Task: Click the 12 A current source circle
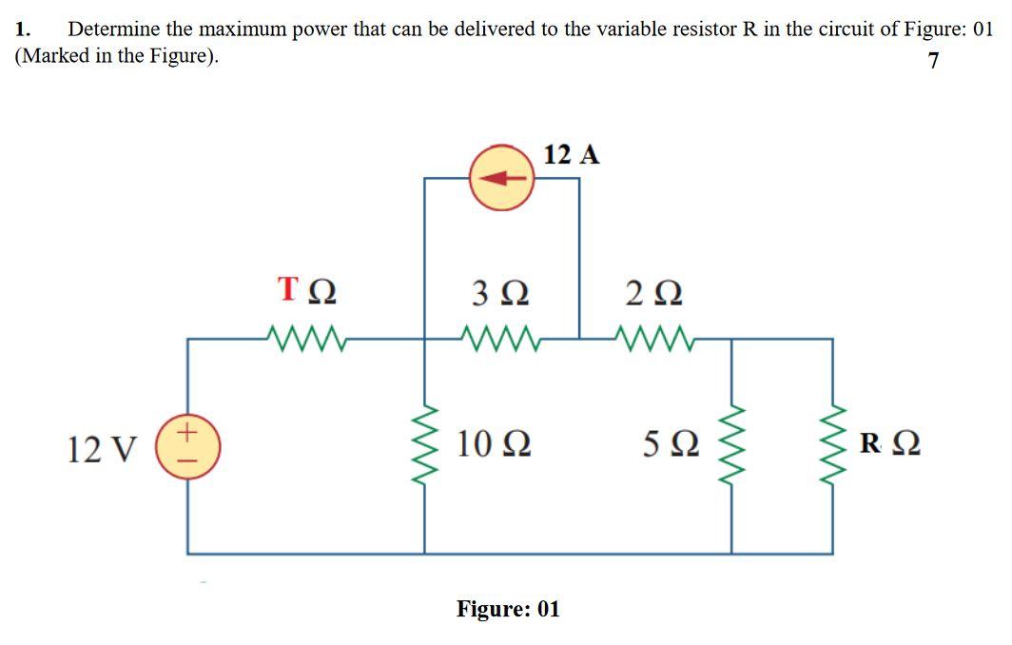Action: click(503, 177)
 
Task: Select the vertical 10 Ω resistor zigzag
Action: click(425, 445)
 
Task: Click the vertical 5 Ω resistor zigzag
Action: click(731, 445)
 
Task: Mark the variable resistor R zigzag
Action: click(833, 445)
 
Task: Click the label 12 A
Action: click(573, 154)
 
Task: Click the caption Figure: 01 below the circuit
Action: click(508, 608)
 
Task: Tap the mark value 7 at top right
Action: click(933, 61)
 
